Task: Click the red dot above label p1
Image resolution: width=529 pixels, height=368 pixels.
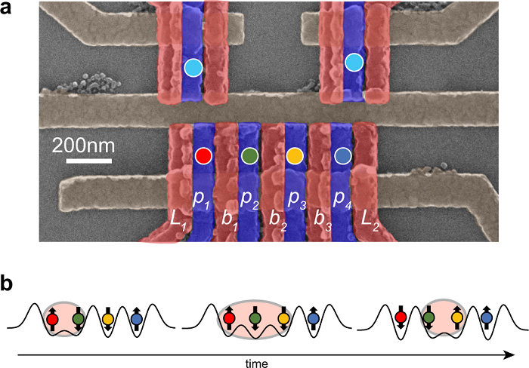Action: coord(203,156)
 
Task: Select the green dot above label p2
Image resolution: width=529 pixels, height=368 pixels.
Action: coord(249,156)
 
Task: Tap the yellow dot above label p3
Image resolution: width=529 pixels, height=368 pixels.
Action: coord(295,156)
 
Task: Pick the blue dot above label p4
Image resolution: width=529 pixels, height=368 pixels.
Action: coord(343,156)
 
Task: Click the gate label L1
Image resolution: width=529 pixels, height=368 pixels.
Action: coord(178,220)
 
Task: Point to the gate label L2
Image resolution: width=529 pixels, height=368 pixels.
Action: coord(370,220)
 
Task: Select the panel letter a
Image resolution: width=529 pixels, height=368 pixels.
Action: coord(11,13)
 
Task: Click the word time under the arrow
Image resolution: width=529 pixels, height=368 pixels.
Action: coord(256,363)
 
